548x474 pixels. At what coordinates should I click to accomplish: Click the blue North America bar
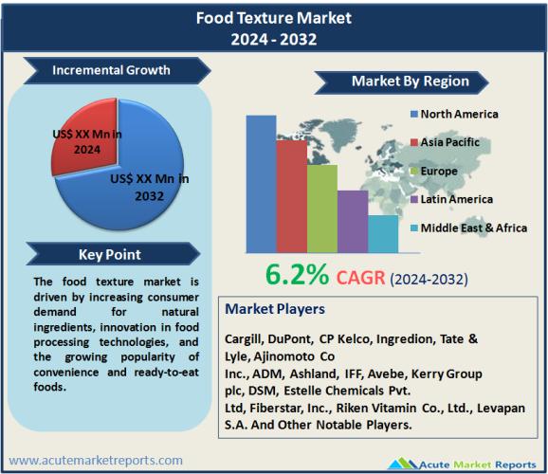point(261,184)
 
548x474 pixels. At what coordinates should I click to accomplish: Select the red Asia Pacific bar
point(292,196)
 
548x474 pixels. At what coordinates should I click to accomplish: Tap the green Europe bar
point(322,209)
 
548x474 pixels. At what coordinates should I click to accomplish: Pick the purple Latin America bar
point(353,222)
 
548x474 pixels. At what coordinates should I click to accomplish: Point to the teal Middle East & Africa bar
point(383,234)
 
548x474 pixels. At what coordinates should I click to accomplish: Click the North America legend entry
point(454,114)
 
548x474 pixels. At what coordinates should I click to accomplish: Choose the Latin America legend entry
point(451,199)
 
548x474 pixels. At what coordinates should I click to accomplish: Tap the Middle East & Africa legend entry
point(468,228)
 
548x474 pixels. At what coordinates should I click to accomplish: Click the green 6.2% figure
point(297,275)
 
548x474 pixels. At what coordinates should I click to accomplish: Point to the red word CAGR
point(360,278)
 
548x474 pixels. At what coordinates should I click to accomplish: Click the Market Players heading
point(275,309)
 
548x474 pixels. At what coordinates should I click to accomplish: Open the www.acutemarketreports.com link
point(96,461)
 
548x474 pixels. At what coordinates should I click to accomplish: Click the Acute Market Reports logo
point(462,465)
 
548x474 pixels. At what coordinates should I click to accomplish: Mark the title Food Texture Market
point(274,18)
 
